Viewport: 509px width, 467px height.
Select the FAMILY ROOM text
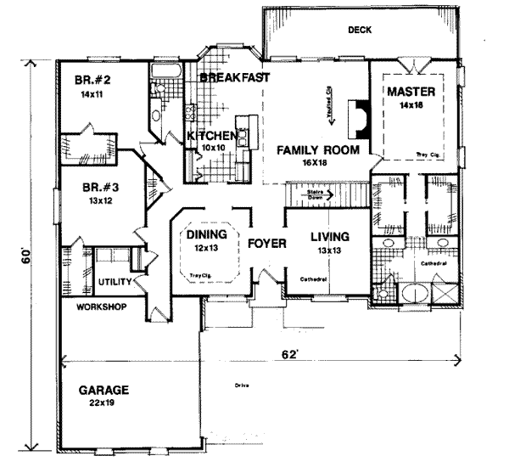pos(317,150)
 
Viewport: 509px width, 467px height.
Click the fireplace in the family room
pos(361,116)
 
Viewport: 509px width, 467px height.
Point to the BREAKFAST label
pos(235,77)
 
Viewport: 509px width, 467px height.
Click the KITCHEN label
pos(210,136)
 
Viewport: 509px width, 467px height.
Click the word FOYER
pos(266,244)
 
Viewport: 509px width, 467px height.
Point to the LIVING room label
pos(330,237)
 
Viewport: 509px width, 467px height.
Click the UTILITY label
pos(113,280)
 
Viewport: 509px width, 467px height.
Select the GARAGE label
pos(103,391)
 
